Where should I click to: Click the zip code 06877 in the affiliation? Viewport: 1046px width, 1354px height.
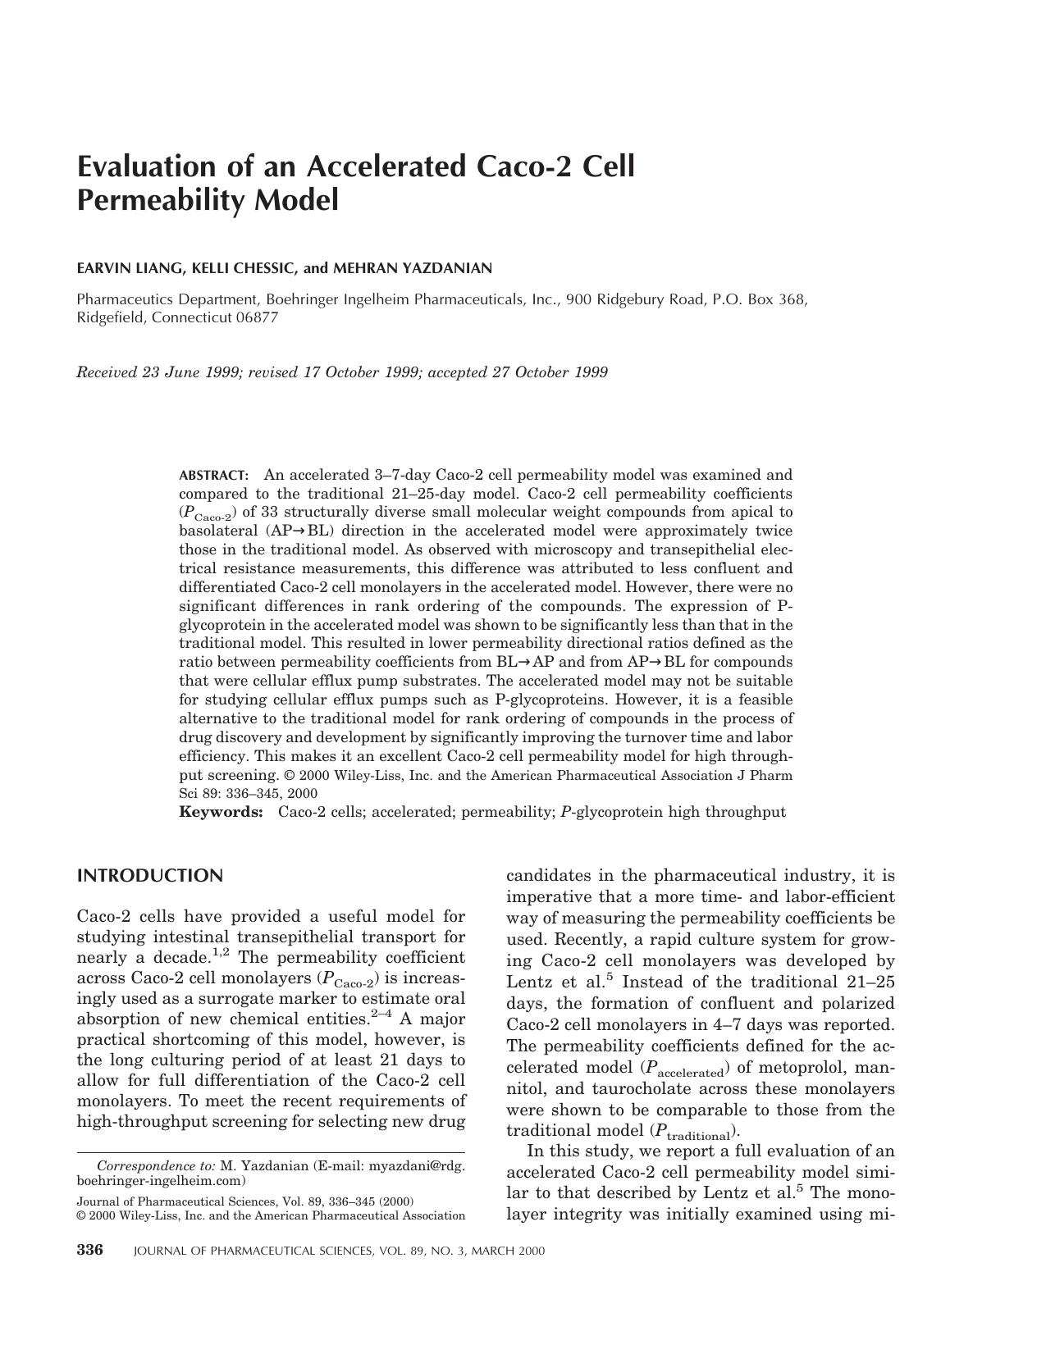[x=257, y=317]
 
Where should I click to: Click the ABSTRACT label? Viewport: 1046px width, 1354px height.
[x=213, y=476]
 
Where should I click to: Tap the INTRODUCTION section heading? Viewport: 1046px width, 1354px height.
[x=149, y=876]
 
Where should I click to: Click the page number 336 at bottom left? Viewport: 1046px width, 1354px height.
[x=90, y=1251]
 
